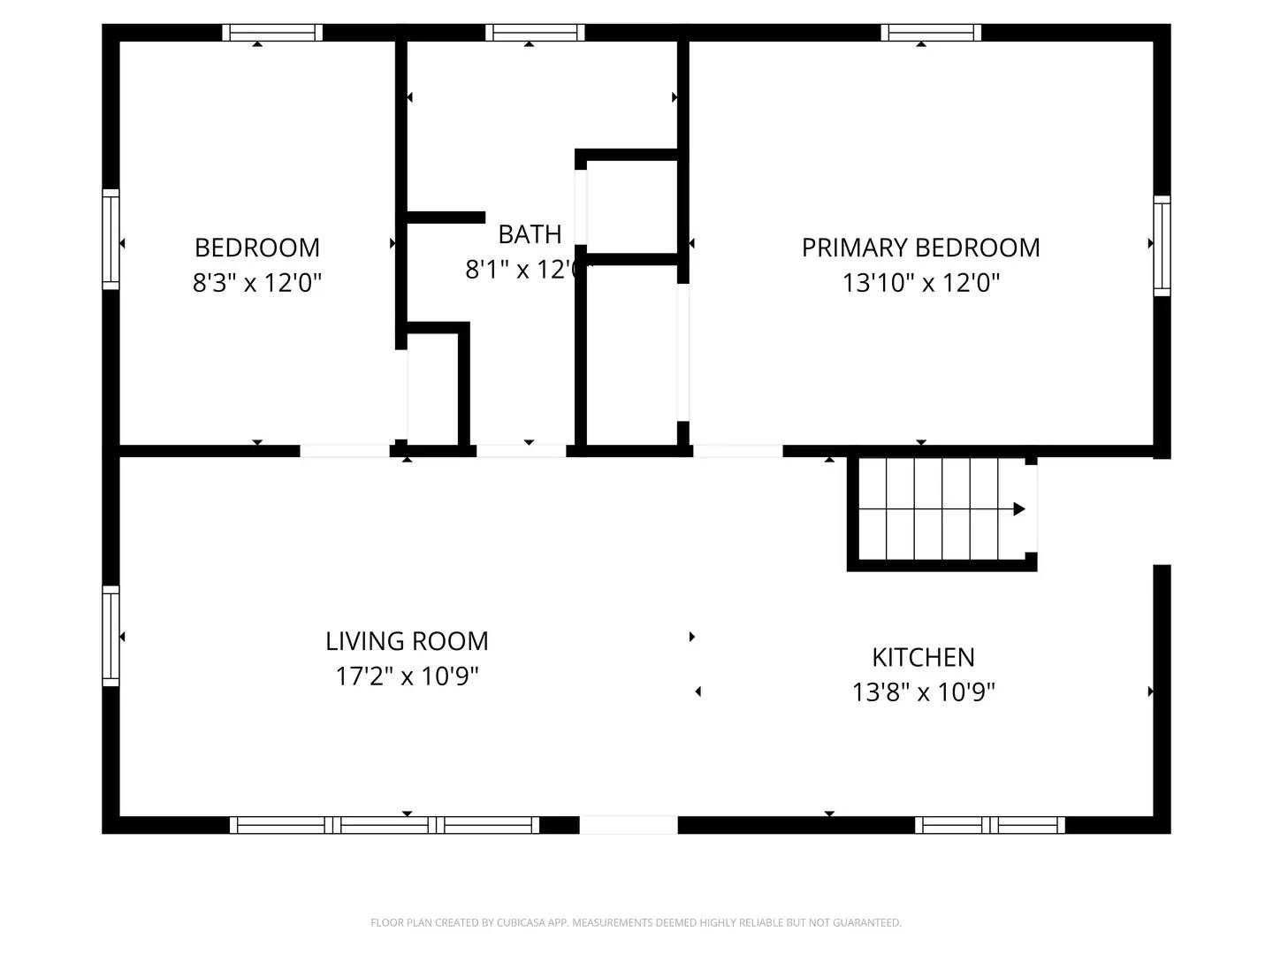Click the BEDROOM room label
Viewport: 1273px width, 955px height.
click(x=256, y=247)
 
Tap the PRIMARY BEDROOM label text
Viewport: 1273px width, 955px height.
click(x=920, y=247)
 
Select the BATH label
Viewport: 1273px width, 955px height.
click(x=530, y=234)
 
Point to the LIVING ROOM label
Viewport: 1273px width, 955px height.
click(x=407, y=640)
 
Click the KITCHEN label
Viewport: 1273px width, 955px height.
click(x=923, y=657)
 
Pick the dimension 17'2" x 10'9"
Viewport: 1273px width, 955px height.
click(x=407, y=676)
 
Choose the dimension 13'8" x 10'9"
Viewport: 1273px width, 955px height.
click(x=923, y=691)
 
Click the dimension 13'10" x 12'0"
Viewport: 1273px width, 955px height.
click(x=920, y=283)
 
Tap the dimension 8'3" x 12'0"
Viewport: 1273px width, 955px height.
click(x=256, y=283)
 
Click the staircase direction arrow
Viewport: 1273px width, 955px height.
click(x=1018, y=508)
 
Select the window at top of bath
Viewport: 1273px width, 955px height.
click(x=535, y=33)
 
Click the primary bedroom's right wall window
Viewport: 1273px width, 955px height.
click(x=1162, y=245)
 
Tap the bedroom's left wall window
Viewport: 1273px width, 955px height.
click(x=111, y=239)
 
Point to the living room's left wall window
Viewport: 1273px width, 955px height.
click(x=111, y=635)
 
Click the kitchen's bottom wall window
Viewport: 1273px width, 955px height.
click(x=990, y=825)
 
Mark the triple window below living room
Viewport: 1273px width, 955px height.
click(x=385, y=825)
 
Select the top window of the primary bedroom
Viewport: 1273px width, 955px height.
click(x=931, y=33)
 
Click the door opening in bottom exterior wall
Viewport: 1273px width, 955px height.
click(x=629, y=825)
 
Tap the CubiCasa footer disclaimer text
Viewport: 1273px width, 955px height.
click(x=636, y=922)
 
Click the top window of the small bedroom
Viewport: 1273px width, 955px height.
click(x=272, y=33)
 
